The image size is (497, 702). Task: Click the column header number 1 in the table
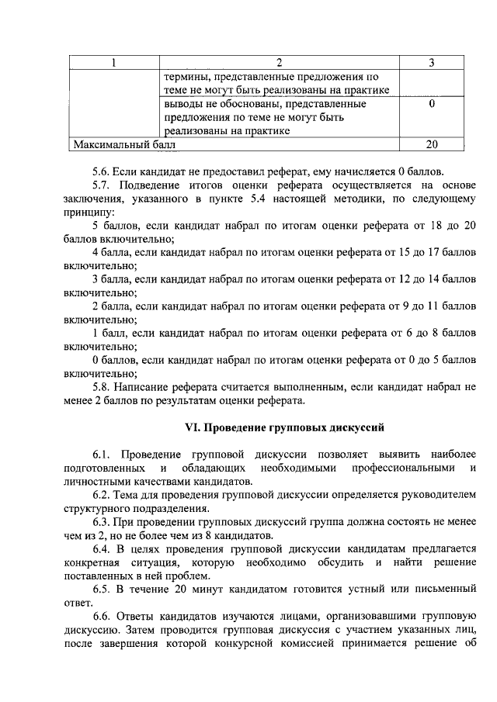(113, 63)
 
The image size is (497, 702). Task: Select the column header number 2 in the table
(280, 63)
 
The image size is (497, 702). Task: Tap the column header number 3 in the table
(432, 63)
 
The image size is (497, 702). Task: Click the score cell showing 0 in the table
(432, 104)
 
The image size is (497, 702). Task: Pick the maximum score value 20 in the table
(432, 144)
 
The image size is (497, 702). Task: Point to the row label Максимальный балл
(124, 144)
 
